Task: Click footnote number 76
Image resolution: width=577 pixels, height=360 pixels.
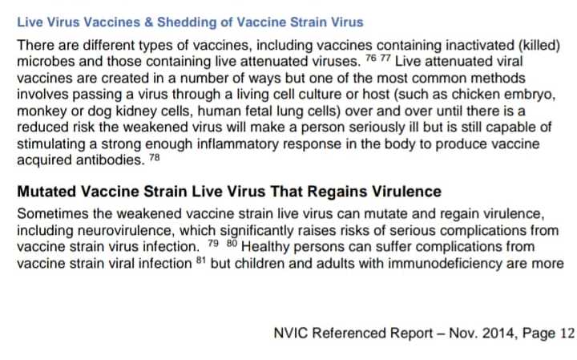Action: (371, 59)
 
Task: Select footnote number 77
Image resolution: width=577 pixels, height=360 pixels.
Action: (385, 59)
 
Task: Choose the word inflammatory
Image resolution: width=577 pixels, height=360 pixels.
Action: (238, 144)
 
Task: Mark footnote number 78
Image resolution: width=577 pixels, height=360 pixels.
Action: (155, 157)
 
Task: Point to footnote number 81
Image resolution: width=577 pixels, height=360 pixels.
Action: (201, 261)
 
